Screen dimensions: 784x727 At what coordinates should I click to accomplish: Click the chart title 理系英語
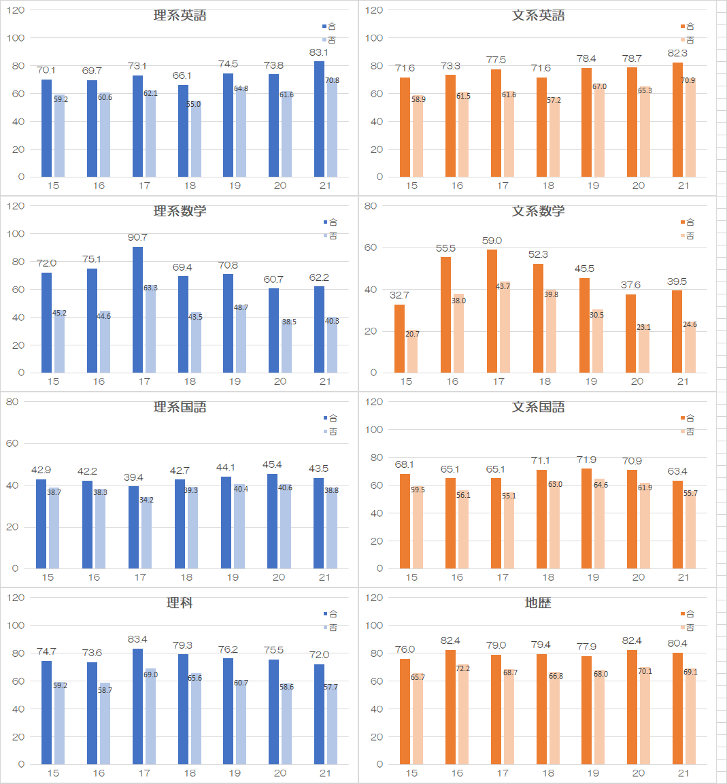point(180,16)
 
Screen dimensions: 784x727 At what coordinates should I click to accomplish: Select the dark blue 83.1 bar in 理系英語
point(319,119)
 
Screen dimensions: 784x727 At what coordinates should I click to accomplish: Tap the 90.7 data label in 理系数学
point(137,237)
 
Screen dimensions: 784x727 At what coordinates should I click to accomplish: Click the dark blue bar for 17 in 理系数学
point(137,309)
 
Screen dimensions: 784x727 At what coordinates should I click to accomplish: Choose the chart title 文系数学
point(538,211)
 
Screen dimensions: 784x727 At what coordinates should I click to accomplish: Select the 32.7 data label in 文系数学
point(399,295)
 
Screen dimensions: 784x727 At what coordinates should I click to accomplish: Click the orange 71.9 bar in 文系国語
point(587,518)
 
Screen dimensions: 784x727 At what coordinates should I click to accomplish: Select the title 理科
point(180,603)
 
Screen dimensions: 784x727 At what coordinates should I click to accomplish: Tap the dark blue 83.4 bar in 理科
point(137,706)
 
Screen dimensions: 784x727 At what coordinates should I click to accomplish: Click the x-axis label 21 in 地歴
point(683,773)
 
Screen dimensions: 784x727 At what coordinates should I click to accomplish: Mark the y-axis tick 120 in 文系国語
point(374,402)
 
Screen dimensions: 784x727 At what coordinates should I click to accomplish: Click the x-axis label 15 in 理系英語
point(54,186)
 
